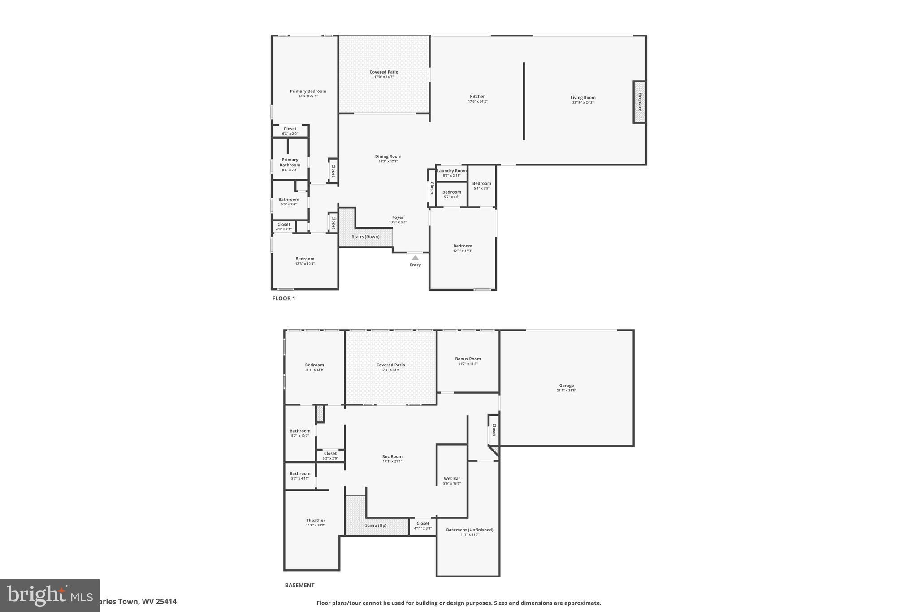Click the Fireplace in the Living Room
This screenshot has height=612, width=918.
[640, 102]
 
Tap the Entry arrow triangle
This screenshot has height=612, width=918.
[415, 257]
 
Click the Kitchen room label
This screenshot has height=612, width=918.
[477, 96]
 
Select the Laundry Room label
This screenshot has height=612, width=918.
[451, 171]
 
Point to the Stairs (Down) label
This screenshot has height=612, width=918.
[365, 237]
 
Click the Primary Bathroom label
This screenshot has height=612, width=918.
[290, 162]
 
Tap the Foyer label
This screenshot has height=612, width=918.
[398, 217]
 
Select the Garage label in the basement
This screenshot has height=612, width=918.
[566, 386]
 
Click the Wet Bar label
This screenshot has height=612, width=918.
[452, 478]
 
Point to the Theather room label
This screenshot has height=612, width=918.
[316, 521]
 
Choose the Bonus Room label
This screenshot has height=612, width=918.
[468, 359]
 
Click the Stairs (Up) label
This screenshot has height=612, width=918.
[376, 525]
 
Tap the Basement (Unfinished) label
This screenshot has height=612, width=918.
[469, 530]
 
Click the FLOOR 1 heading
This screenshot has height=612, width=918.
[284, 299]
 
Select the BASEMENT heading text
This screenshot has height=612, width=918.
[299, 585]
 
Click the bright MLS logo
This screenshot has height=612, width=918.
[49, 595]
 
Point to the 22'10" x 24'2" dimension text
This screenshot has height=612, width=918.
[583, 103]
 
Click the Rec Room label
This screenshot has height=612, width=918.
[392, 456]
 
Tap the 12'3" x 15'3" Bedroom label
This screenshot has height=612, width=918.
[463, 246]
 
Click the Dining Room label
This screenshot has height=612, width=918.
[388, 156]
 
